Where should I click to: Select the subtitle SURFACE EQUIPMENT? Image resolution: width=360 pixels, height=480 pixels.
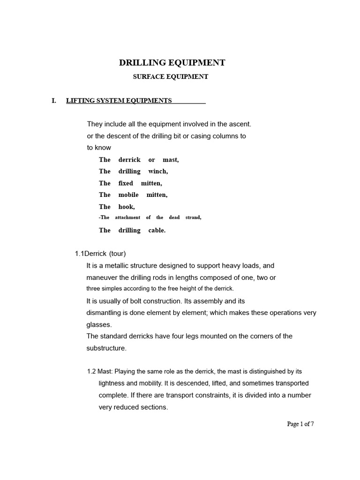tap(171, 77)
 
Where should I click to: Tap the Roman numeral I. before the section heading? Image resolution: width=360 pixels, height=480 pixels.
tap(54, 100)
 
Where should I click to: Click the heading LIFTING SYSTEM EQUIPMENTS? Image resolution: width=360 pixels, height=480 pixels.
tap(119, 100)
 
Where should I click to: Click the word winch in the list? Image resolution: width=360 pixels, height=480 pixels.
tap(158, 172)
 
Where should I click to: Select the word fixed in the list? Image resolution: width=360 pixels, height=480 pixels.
tap(126, 183)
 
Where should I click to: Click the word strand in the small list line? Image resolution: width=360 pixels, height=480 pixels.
tap(193, 217)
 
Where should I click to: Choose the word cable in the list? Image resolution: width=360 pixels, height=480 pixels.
tap(157, 231)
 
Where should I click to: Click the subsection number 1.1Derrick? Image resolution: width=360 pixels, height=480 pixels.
tap(90, 254)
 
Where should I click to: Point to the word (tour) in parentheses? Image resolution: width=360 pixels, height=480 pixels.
tap(117, 254)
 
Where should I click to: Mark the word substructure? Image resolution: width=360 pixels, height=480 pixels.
tap(106, 348)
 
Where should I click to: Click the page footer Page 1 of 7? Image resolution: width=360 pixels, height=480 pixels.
tap(300, 424)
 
